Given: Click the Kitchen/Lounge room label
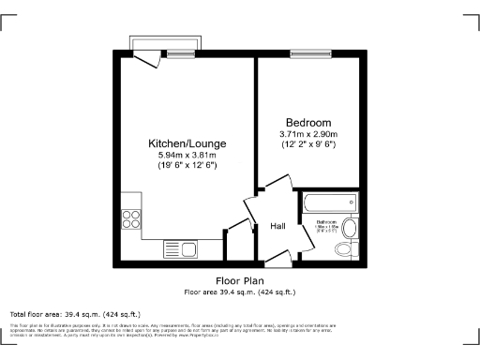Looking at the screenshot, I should pos(187,143).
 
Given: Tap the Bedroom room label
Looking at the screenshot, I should pos(308,123).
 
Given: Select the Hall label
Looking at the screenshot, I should pos(278,227).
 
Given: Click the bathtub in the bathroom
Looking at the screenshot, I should pos(326,201).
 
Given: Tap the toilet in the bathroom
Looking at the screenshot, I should pos(350,228).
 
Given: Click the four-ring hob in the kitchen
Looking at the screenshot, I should pos(131,222).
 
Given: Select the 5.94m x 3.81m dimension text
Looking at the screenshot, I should pos(187,155).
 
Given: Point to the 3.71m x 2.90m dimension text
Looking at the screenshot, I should pos(308,134).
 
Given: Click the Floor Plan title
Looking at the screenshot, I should pos(239,280).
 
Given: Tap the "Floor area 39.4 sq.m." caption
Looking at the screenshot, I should pos(239,291).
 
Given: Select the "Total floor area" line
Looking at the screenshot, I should pos(75,313).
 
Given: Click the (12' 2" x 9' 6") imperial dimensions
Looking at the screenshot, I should pos(308,144).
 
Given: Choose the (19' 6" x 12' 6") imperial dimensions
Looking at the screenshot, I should pos(187,165).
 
